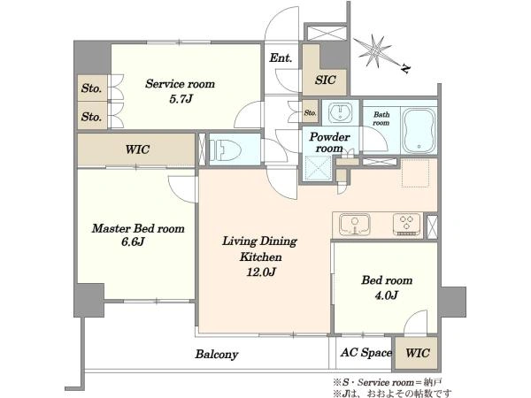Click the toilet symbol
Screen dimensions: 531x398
pyautogui.click(x=224, y=149)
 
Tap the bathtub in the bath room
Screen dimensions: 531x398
pyautogui.click(x=419, y=131)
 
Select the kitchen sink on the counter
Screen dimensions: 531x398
pyautogui.click(x=355, y=225)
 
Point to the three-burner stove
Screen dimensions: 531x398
pyautogui.click(x=406, y=224)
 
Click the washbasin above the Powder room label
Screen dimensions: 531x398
pyautogui.click(x=340, y=112)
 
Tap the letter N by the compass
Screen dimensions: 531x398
pyautogui.click(x=405, y=69)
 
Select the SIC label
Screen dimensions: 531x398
pyautogui.click(x=325, y=80)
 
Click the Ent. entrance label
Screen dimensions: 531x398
pyautogui.click(x=281, y=57)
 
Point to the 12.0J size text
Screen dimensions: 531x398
pyautogui.click(x=261, y=272)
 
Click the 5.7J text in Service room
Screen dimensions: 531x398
pyautogui.click(x=181, y=99)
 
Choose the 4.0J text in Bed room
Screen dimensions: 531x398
pyautogui.click(x=387, y=295)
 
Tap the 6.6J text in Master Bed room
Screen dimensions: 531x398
pyautogui.click(x=133, y=242)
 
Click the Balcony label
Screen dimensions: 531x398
pyautogui.click(x=217, y=355)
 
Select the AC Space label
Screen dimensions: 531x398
pyautogui.click(x=366, y=353)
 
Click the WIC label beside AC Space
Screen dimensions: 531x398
pyautogui.click(x=418, y=353)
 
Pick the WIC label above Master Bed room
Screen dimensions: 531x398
pyautogui.click(x=137, y=149)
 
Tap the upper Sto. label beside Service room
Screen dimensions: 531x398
pyautogui.click(x=91, y=88)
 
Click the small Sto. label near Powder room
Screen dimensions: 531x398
pyautogui.click(x=310, y=112)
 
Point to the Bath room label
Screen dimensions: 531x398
pyautogui.click(x=381, y=119)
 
